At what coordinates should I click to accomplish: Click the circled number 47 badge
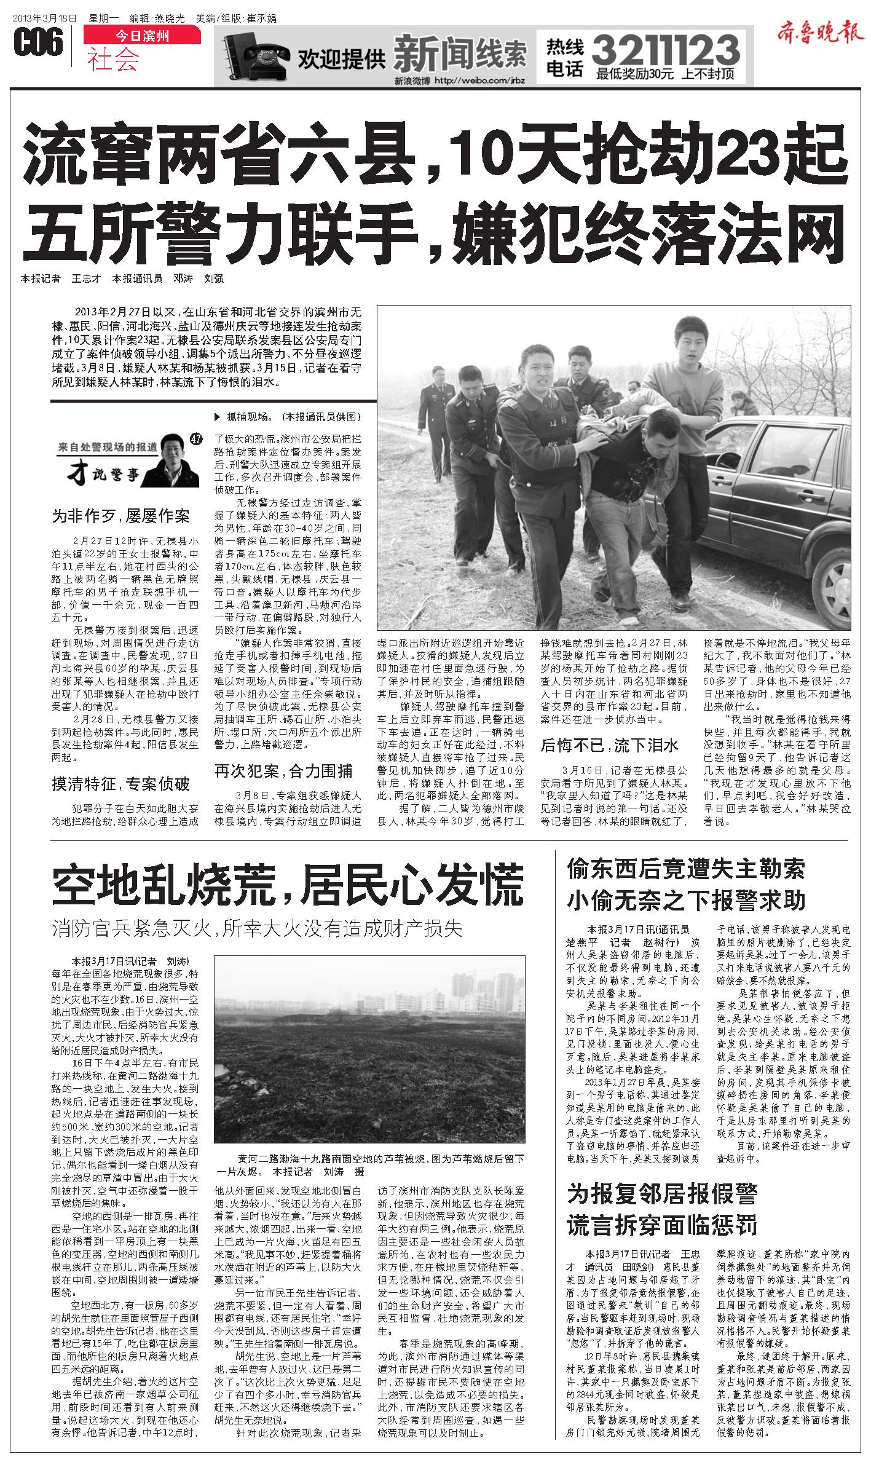(x=197, y=438)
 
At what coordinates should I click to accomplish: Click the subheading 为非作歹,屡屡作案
(x=120, y=516)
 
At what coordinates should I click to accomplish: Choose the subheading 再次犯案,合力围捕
(x=283, y=770)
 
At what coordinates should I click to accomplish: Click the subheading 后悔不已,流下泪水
(x=609, y=745)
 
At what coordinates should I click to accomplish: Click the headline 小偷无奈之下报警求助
(x=685, y=901)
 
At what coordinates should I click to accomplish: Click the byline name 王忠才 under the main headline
(x=85, y=278)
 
